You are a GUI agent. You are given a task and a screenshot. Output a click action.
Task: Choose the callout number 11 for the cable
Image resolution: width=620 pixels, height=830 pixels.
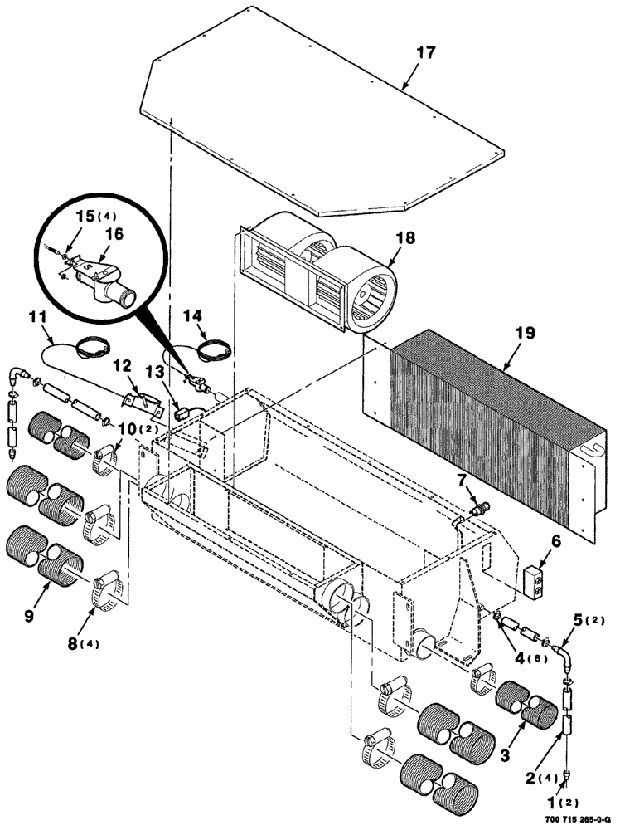(x=36, y=317)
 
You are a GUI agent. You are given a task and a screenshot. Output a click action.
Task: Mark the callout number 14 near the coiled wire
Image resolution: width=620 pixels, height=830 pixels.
(x=192, y=315)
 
